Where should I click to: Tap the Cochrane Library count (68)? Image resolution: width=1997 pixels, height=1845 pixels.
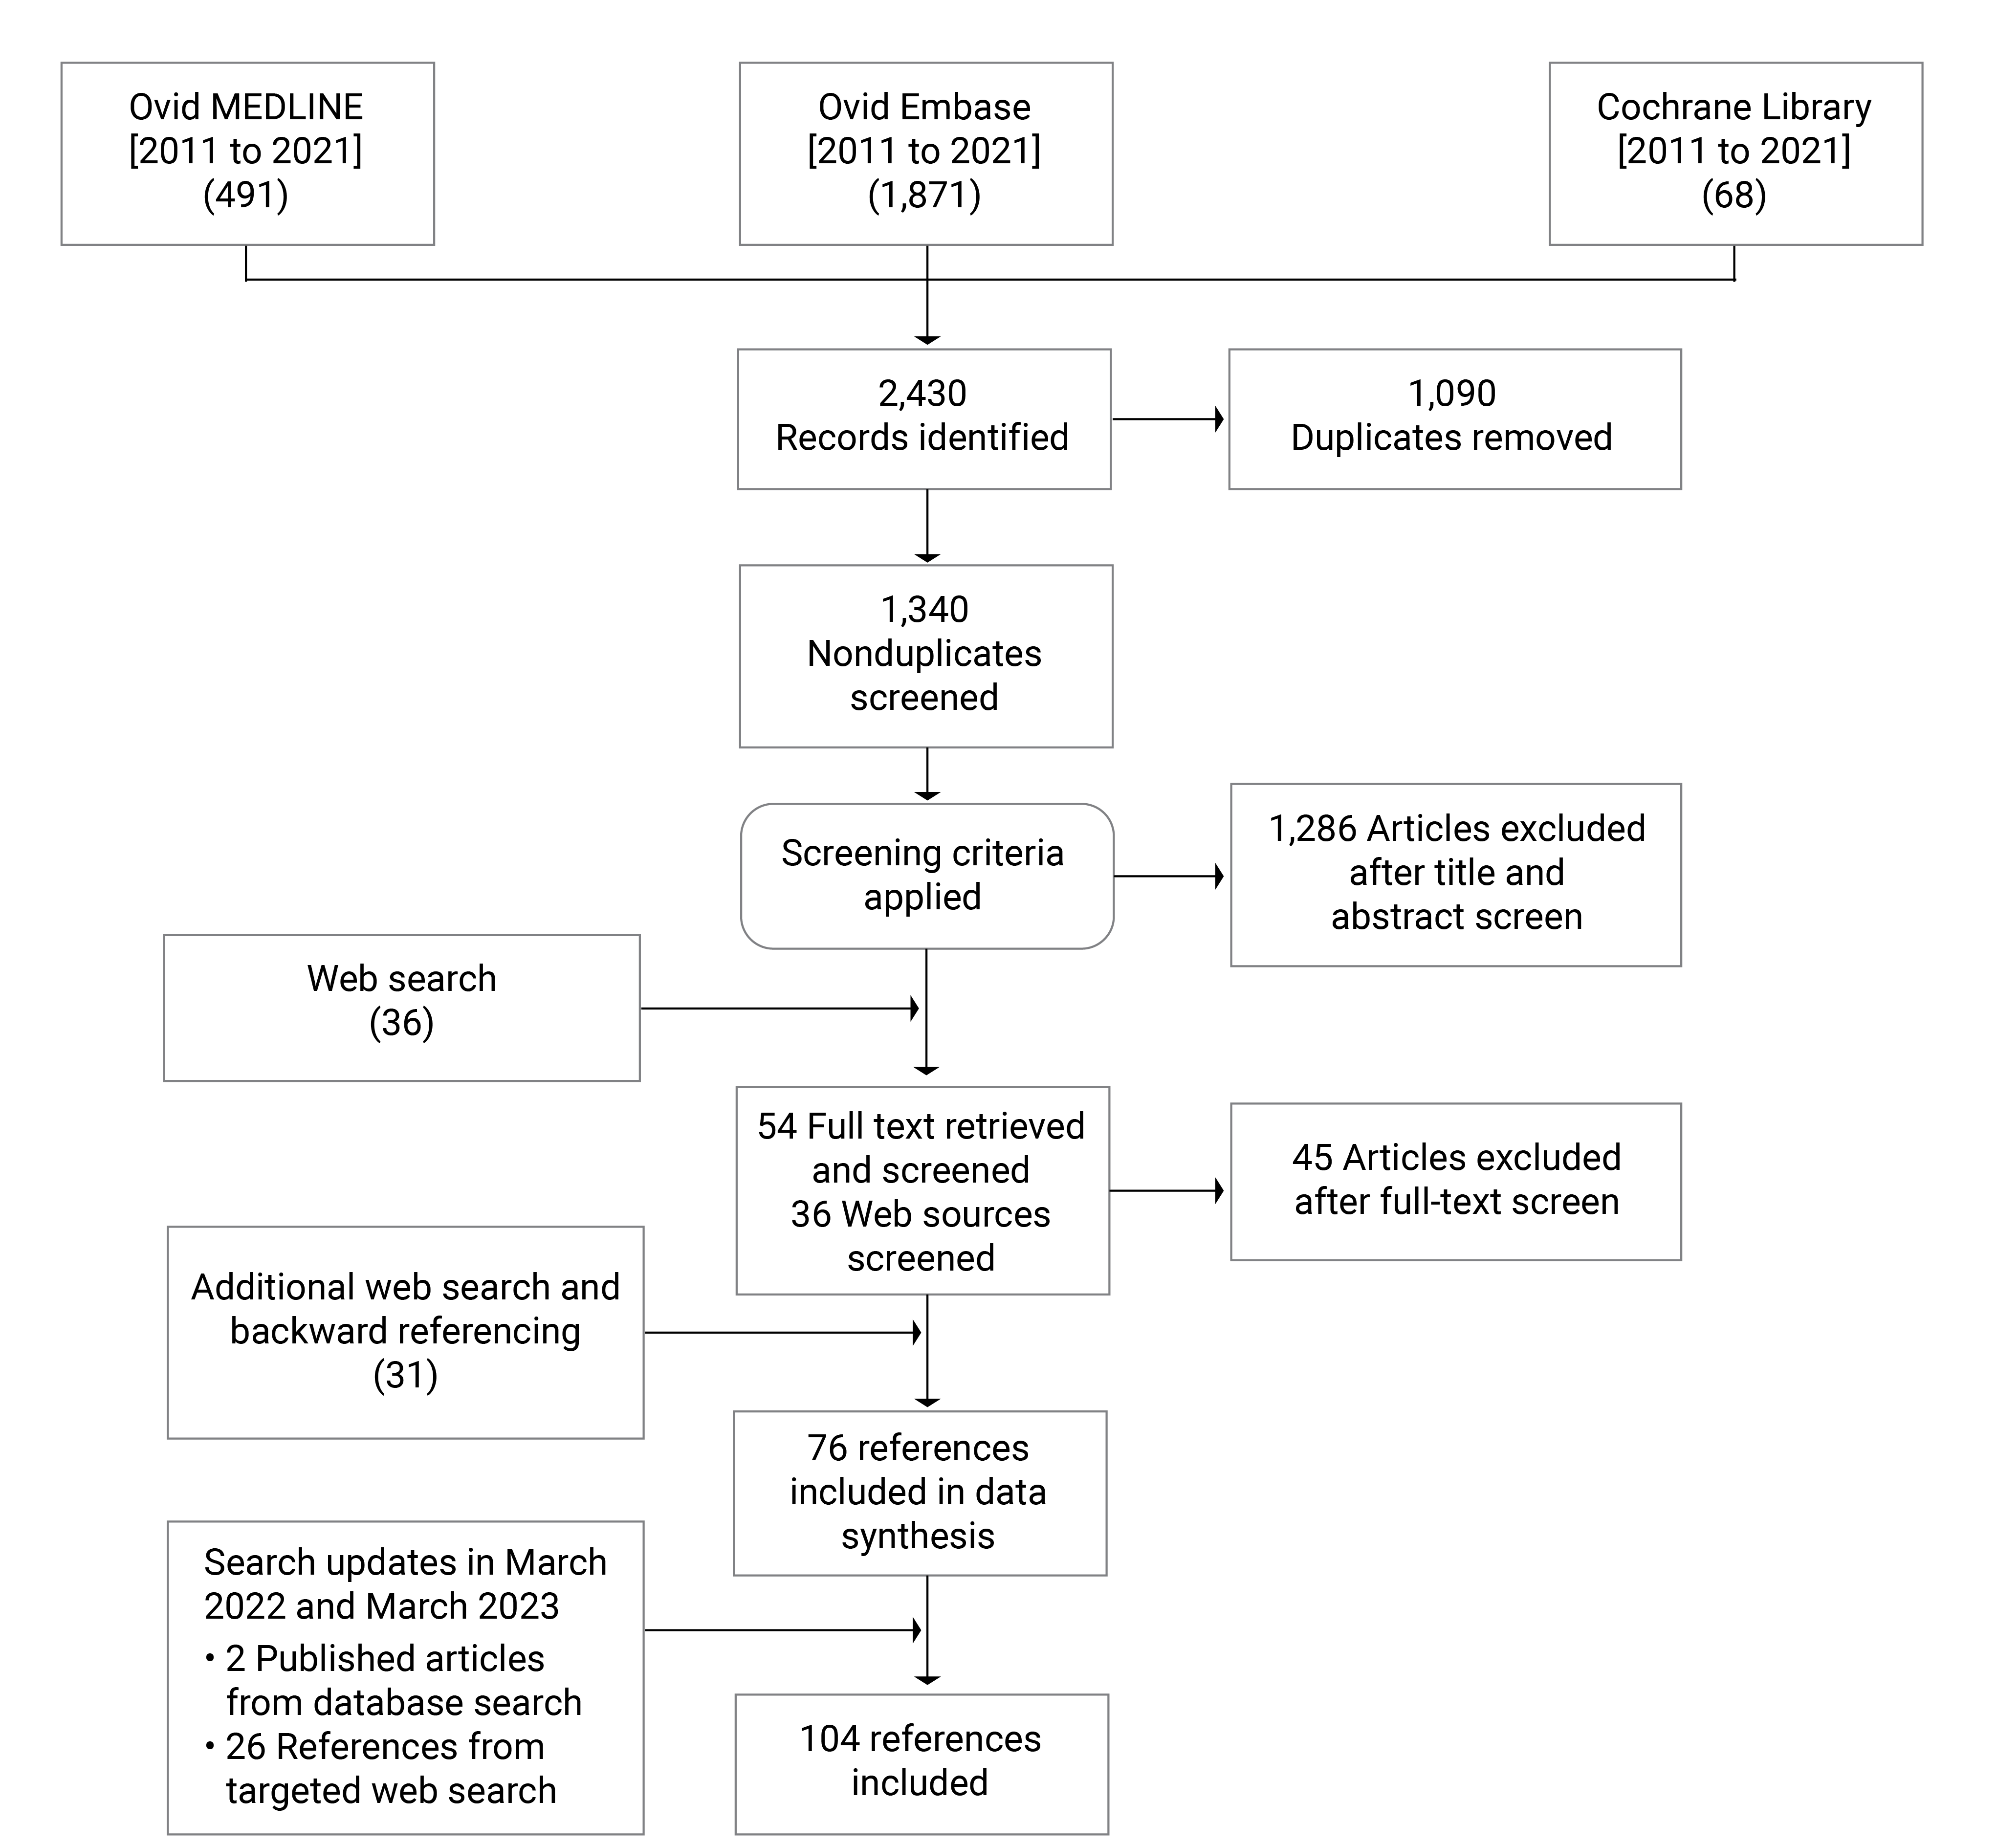pos(1734,195)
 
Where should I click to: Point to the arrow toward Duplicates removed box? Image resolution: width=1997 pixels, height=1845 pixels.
pos(1168,419)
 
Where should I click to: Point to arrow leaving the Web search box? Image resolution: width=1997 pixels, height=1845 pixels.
pos(779,1009)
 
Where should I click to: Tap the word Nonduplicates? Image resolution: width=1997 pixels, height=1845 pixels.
pos(923,653)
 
